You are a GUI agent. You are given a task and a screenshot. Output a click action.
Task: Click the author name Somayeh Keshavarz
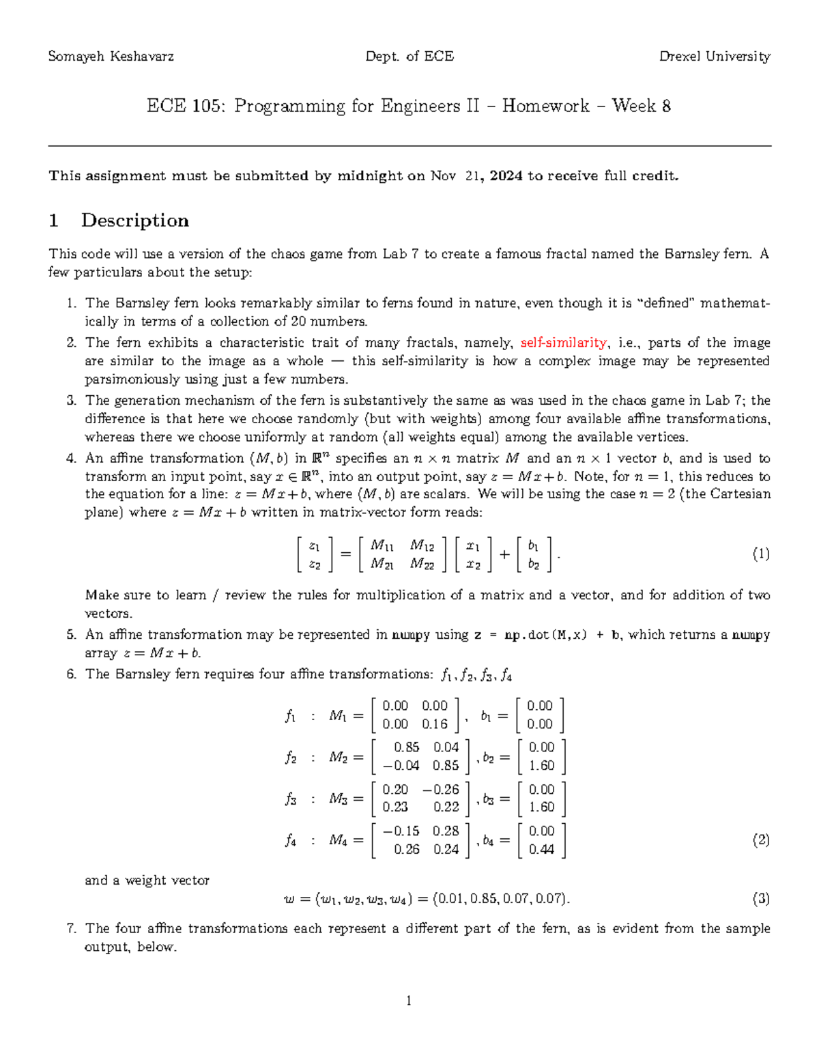111,57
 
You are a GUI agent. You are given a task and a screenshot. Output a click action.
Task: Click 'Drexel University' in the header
715,57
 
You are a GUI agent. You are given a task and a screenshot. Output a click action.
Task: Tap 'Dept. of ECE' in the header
409,57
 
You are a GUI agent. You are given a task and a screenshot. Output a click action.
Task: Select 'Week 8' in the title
641,106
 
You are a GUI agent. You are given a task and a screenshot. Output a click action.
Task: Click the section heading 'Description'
134,220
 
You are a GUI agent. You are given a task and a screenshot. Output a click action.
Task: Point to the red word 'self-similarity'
563,343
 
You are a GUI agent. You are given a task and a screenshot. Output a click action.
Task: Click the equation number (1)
761,554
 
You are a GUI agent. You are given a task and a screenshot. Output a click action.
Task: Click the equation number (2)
761,840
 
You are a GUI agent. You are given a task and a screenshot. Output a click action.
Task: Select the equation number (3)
761,898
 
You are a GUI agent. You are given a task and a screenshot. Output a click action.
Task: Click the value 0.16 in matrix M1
435,724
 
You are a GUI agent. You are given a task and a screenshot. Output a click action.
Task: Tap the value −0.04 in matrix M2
401,766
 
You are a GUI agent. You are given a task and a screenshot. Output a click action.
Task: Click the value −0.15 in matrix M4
401,831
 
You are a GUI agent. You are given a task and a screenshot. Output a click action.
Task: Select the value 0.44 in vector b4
541,850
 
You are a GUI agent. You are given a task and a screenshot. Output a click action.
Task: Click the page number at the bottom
409,1001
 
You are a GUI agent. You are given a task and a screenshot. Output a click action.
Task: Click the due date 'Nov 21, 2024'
476,176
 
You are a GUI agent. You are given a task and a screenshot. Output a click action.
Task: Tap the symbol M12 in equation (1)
422,545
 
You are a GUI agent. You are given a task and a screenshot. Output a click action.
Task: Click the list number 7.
71,928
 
